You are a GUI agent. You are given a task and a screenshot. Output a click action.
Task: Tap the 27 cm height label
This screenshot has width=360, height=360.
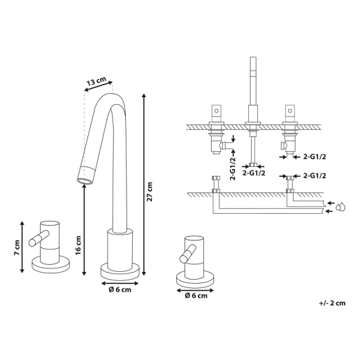[150, 192]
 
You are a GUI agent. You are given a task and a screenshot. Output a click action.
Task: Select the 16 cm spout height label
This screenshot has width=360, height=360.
[78, 245]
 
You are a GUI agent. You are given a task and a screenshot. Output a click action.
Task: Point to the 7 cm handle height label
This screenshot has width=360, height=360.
[17, 247]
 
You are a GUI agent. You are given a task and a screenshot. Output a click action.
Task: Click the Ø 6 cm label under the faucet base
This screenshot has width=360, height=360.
[120, 289]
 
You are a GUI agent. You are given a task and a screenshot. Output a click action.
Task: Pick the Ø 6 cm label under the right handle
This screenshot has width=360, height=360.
[196, 296]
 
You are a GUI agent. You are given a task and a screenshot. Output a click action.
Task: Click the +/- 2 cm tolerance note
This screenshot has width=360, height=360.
[332, 303]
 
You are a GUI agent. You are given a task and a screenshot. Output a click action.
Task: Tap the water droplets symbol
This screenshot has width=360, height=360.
[340, 207]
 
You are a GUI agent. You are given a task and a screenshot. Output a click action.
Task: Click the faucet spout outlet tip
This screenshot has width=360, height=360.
[85, 180]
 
